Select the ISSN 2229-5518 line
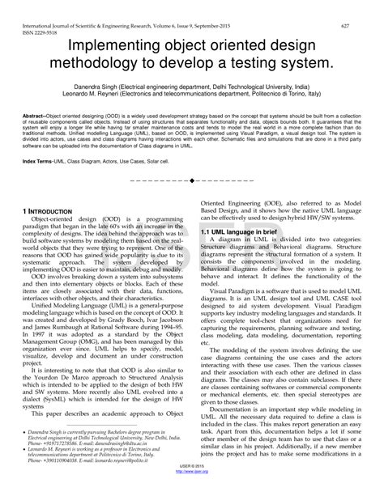click(33, 15)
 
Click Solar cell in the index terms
click(180, 162)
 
